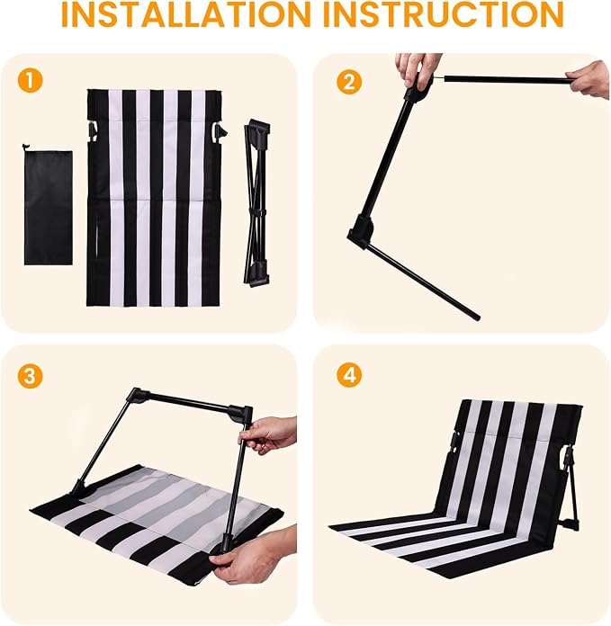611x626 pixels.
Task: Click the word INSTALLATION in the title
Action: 186,14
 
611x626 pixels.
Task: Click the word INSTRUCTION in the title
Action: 443,14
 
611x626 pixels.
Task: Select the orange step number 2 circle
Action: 349,82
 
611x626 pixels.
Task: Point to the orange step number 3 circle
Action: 30,376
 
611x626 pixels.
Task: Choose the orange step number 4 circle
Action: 349,375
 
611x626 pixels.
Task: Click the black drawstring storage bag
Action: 48,206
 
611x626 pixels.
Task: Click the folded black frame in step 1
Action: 256,202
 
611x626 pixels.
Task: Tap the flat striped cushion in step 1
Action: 154,198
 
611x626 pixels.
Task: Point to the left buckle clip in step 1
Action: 93,131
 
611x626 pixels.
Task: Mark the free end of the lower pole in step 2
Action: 477,317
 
